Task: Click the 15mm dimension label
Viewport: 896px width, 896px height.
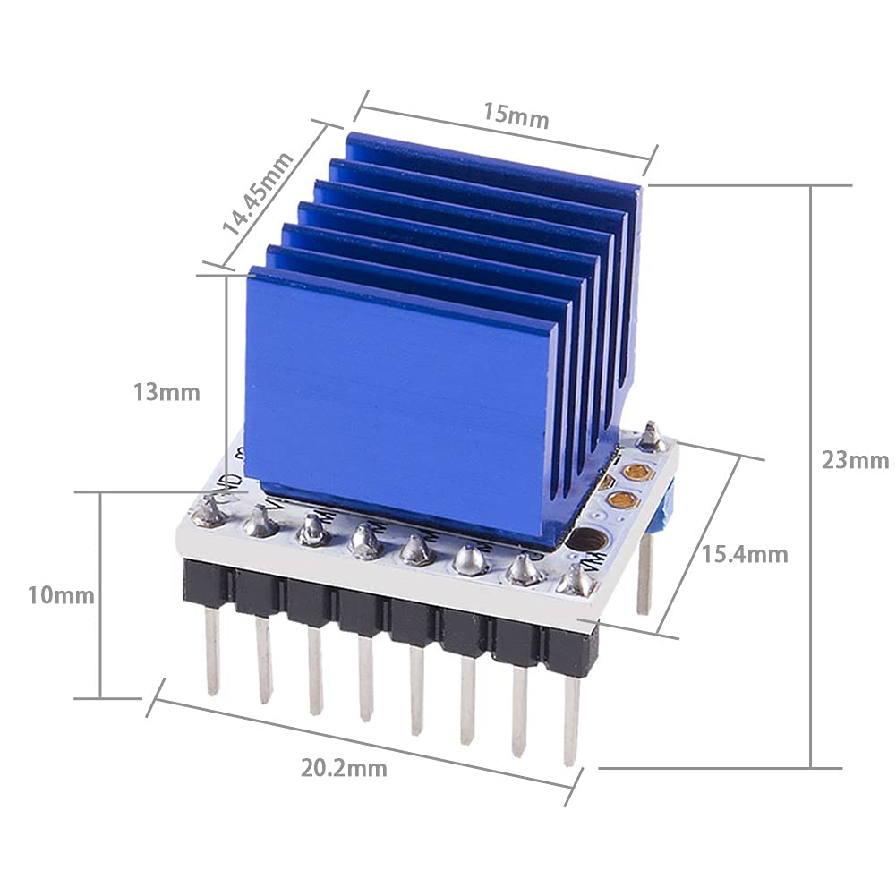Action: [516, 115]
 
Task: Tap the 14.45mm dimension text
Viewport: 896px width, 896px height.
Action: [258, 193]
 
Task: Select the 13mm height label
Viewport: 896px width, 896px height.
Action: [166, 392]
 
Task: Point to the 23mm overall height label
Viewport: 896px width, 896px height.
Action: [855, 460]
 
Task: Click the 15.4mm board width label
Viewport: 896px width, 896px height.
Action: [745, 554]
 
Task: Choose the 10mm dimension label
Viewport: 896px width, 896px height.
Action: [60, 594]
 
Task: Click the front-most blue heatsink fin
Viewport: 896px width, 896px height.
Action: [394, 403]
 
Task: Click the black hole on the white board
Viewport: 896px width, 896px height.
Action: [586, 541]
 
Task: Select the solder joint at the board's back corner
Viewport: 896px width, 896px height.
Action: [652, 437]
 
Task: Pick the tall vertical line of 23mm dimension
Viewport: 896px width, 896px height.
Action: [812, 474]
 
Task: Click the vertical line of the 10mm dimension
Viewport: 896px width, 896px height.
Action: [100, 595]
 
